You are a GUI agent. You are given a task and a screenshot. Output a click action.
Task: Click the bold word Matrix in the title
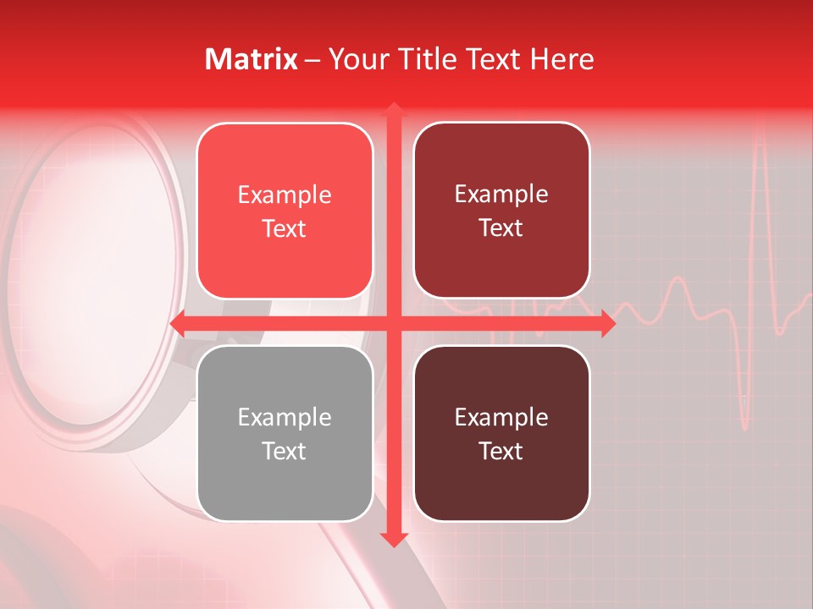tap(252, 59)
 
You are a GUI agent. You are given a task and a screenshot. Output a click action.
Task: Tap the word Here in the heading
tap(561, 59)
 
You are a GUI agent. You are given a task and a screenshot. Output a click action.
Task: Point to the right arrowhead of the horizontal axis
tap(607, 324)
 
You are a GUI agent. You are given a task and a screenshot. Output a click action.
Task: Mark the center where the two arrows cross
tap(394, 324)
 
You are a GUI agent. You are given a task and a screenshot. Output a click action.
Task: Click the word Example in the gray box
tap(285, 418)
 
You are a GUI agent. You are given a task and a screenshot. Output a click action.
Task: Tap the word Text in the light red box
tap(285, 229)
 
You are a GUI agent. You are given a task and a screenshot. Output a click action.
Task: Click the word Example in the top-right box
tap(501, 195)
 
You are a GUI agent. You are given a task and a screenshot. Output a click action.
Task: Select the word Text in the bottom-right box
tap(501, 452)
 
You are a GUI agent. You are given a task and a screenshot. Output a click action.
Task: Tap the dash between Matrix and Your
tap(312, 60)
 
